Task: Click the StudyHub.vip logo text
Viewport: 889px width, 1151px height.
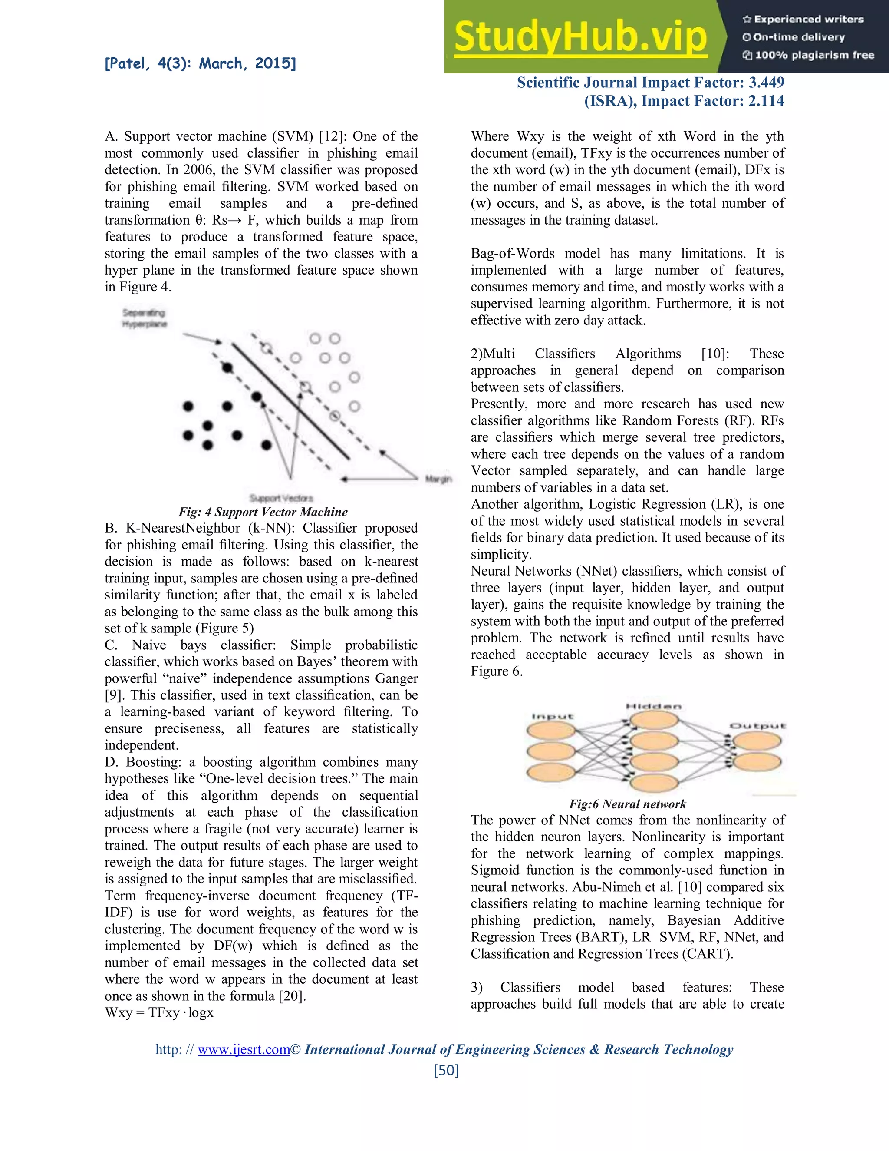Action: tap(580, 37)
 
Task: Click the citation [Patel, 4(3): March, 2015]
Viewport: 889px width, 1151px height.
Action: tap(200, 64)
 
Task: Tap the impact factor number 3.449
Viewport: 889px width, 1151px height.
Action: tap(766, 82)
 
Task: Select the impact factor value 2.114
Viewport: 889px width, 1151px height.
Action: tap(766, 101)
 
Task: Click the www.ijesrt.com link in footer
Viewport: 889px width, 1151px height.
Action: tap(244, 1049)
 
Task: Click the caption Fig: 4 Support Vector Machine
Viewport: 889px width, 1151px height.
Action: tap(263, 512)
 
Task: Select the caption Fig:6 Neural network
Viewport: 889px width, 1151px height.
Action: tap(627, 804)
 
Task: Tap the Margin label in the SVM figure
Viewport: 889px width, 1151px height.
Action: tap(438, 479)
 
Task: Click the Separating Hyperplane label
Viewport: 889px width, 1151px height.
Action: tap(144, 318)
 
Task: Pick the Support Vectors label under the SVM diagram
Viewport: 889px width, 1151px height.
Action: tap(281, 498)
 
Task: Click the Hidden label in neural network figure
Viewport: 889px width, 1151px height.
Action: tap(654, 706)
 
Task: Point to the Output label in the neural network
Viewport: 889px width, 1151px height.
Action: tap(757, 726)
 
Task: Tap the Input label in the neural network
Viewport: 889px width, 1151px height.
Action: tap(552, 716)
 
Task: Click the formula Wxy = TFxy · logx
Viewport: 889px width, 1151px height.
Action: tap(159, 1012)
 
